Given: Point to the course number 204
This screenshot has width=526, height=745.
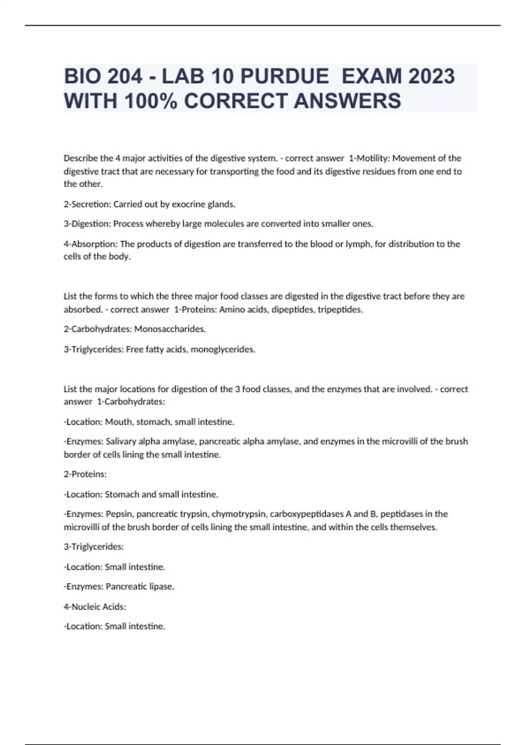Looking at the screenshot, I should coord(124,76).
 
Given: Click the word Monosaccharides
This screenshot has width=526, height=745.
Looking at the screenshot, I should coord(170,329).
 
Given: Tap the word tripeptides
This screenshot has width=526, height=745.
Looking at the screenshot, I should coord(340,309).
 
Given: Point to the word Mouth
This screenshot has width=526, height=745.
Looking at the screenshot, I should coord(119,422).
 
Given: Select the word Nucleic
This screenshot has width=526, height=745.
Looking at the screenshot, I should coord(86,607).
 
